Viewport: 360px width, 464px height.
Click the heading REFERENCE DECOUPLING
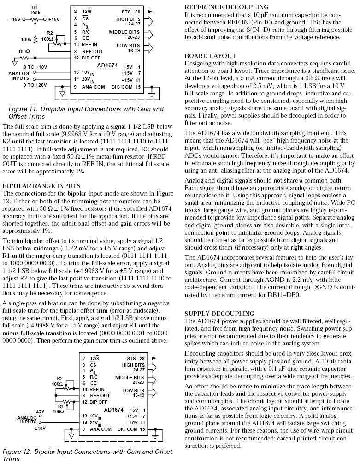tap(226, 7)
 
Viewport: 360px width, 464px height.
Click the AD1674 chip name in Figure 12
tap(113, 409)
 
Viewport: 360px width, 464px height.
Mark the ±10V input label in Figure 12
tap(41, 428)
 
